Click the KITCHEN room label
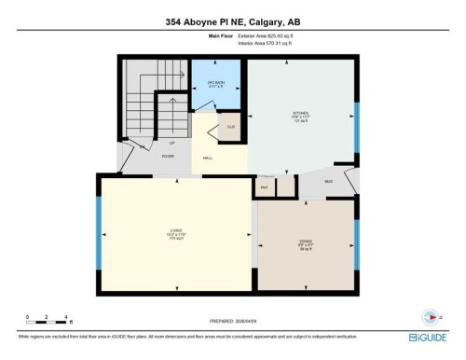pyautogui.click(x=301, y=117)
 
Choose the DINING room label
pyautogui.click(x=306, y=244)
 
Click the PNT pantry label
pyautogui.click(x=266, y=187)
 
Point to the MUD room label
pyautogui.click(x=329, y=181)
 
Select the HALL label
pyautogui.click(x=209, y=159)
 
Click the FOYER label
pyautogui.click(x=168, y=156)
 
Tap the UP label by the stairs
pyautogui.click(x=145, y=144)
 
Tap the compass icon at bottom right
pyautogui.click(x=430, y=316)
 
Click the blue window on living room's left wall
pyautogui.click(x=99, y=233)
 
